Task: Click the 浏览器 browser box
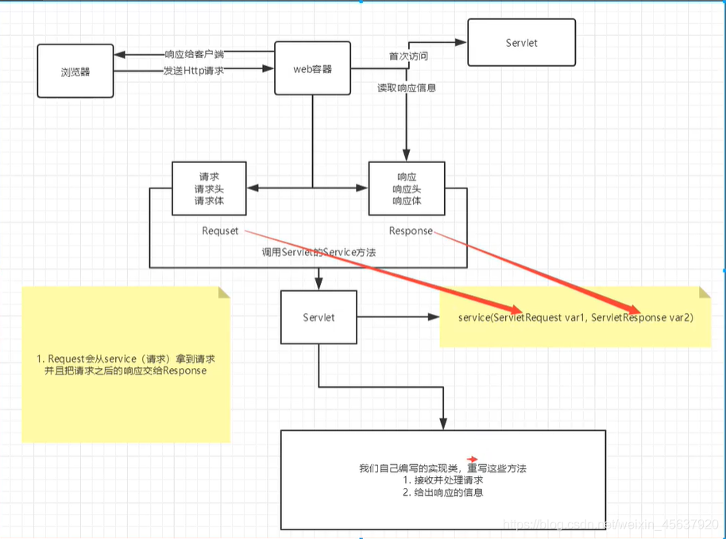75,72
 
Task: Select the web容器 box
313,69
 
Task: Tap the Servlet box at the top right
521,42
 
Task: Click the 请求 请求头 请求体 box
209,189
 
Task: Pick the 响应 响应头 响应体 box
407,189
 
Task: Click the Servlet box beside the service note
319,317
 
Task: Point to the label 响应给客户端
194,55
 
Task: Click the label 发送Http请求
194,71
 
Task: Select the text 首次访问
407,56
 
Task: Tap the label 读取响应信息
406,88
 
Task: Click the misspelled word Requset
221,231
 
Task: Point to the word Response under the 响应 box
411,231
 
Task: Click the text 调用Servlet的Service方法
319,252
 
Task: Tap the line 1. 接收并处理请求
442,480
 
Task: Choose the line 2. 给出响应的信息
442,493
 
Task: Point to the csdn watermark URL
612,524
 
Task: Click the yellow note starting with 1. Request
126,364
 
